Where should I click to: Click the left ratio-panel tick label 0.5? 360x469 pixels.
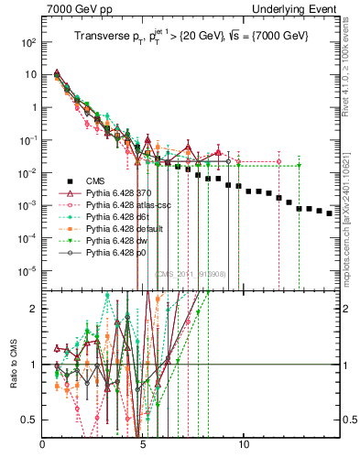click(29, 420)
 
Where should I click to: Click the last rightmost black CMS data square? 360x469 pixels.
click(330, 213)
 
